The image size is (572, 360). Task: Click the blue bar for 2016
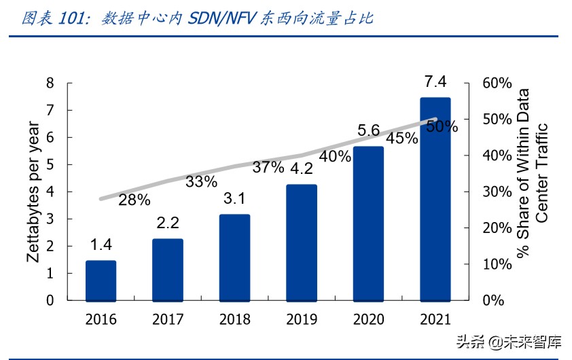[x=101, y=280]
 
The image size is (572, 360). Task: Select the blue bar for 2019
[x=301, y=242]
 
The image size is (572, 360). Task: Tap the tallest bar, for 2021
[x=435, y=198]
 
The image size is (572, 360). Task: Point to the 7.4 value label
[x=435, y=82]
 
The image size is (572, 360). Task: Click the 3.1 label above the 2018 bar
[x=234, y=199]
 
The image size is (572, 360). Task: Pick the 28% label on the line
[x=134, y=200]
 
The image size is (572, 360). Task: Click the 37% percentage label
[x=268, y=168]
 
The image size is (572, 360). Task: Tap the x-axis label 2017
[x=168, y=319]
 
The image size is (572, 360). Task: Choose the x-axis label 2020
[x=368, y=319]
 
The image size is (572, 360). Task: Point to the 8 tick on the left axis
[x=50, y=83]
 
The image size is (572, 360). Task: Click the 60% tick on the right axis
[x=496, y=83]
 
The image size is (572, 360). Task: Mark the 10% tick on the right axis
[x=496, y=264]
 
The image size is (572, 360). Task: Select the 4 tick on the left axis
[x=50, y=192]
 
